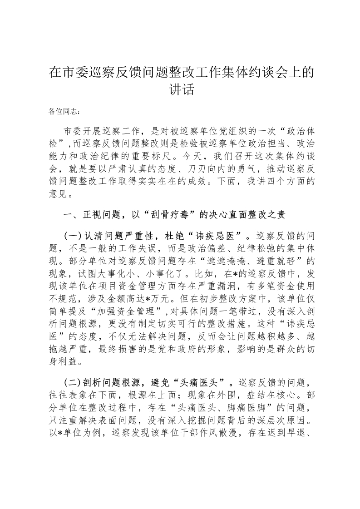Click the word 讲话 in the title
tap(180, 90)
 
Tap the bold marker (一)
tap(72, 236)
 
